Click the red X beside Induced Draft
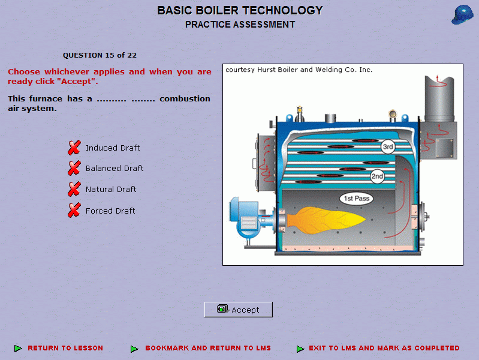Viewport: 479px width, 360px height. click(x=74, y=148)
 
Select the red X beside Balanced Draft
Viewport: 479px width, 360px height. click(x=74, y=168)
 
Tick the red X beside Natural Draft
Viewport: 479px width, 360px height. click(x=74, y=189)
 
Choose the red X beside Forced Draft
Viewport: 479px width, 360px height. click(x=74, y=210)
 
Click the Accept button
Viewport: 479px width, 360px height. click(x=238, y=310)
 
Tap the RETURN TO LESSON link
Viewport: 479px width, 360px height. click(x=65, y=348)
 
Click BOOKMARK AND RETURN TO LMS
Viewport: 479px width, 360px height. click(x=208, y=348)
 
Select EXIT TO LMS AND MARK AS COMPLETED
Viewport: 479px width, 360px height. click(x=384, y=348)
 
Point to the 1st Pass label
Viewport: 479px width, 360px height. click(x=357, y=199)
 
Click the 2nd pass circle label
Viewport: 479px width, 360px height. click(x=377, y=176)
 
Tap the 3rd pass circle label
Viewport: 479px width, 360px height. click(x=388, y=147)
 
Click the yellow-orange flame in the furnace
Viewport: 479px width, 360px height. click(x=326, y=221)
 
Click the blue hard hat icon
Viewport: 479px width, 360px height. click(x=462, y=14)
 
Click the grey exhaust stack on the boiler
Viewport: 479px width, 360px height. click(x=439, y=99)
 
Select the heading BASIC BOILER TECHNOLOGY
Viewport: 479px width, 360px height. click(x=240, y=10)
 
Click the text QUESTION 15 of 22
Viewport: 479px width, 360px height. click(x=100, y=55)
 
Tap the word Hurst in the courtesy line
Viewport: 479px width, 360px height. click(x=267, y=70)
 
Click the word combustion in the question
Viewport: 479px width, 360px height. click(x=185, y=99)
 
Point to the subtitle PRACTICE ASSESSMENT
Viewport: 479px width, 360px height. click(x=240, y=25)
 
